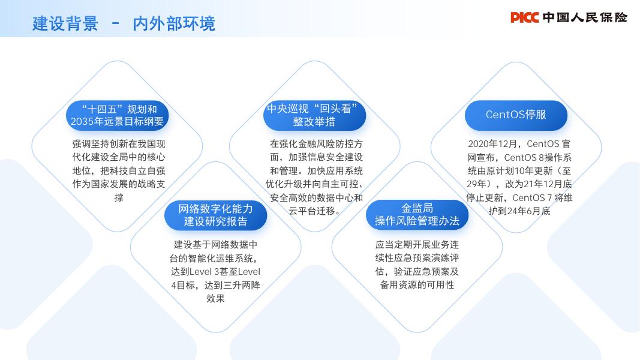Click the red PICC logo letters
[524, 17]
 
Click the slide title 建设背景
[65, 23]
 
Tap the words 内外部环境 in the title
[174, 23]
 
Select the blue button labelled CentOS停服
[516, 115]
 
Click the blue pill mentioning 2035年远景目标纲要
[117, 115]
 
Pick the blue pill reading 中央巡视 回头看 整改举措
[314, 115]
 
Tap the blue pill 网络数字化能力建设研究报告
[215, 215]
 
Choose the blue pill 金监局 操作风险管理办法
[417, 215]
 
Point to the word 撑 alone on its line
[119, 198]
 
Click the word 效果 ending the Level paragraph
[215, 298]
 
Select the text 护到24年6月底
[519, 211]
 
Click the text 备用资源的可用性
[417, 285]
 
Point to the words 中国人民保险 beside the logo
[585, 17]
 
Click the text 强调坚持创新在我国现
[119, 144]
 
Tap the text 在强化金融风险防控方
[316, 144]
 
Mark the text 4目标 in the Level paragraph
[183, 286]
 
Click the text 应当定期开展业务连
[417, 245]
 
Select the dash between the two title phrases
[116, 23]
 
